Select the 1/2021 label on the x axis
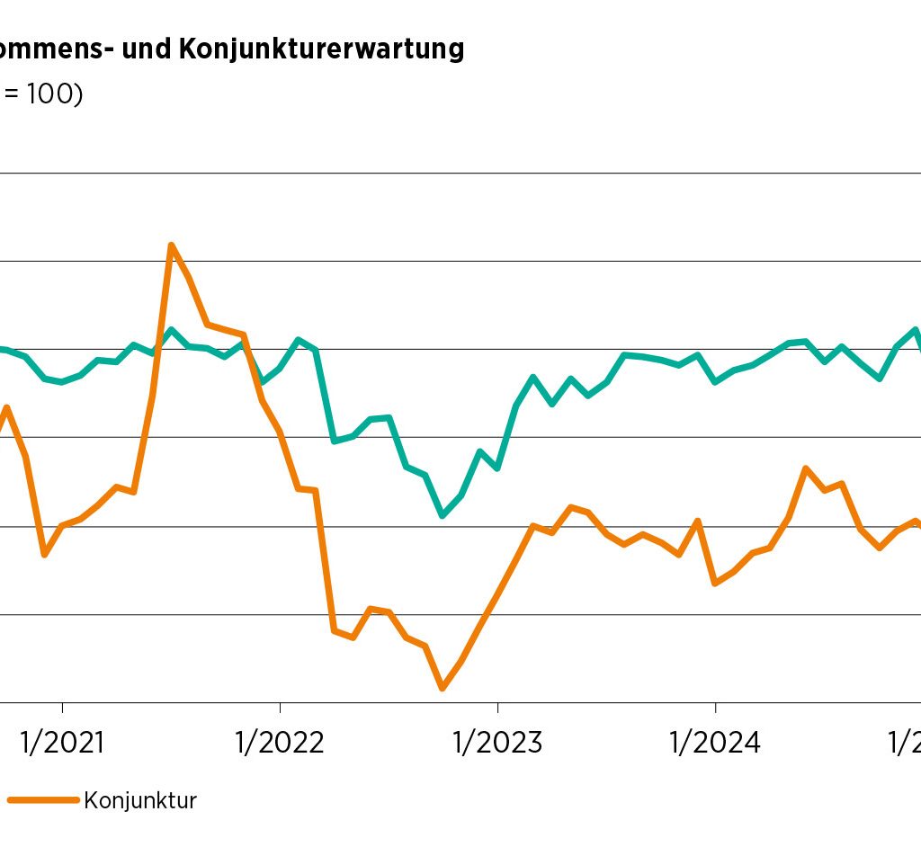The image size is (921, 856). pyautogui.click(x=62, y=743)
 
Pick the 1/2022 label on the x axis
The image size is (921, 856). pyautogui.click(x=280, y=743)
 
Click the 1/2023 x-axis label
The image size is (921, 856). pyautogui.click(x=497, y=743)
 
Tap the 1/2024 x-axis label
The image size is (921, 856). pyautogui.click(x=715, y=743)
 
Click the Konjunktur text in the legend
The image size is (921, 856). pyautogui.click(x=140, y=800)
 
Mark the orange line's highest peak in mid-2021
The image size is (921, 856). pyautogui.click(x=171, y=245)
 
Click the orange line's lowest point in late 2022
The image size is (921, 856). pyautogui.click(x=443, y=689)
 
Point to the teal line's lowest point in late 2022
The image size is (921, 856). pyautogui.click(x=443, y=515)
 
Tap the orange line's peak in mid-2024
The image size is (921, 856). pyautogui.click(x=806, y=468)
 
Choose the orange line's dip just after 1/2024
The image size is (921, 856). pyautogui.click(x=715, y=584)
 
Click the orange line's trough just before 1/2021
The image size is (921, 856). pyautogui.click(x=44, y=554)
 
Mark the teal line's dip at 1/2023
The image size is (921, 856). pyautogui.click(x=497, y=468)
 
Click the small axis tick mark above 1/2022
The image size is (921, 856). pyautogui.click(x=281, y=707)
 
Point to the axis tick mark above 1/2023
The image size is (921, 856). pyautogui.click(x=497, y=707)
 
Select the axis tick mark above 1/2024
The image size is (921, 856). pyautogui.click(x=715, y=707)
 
